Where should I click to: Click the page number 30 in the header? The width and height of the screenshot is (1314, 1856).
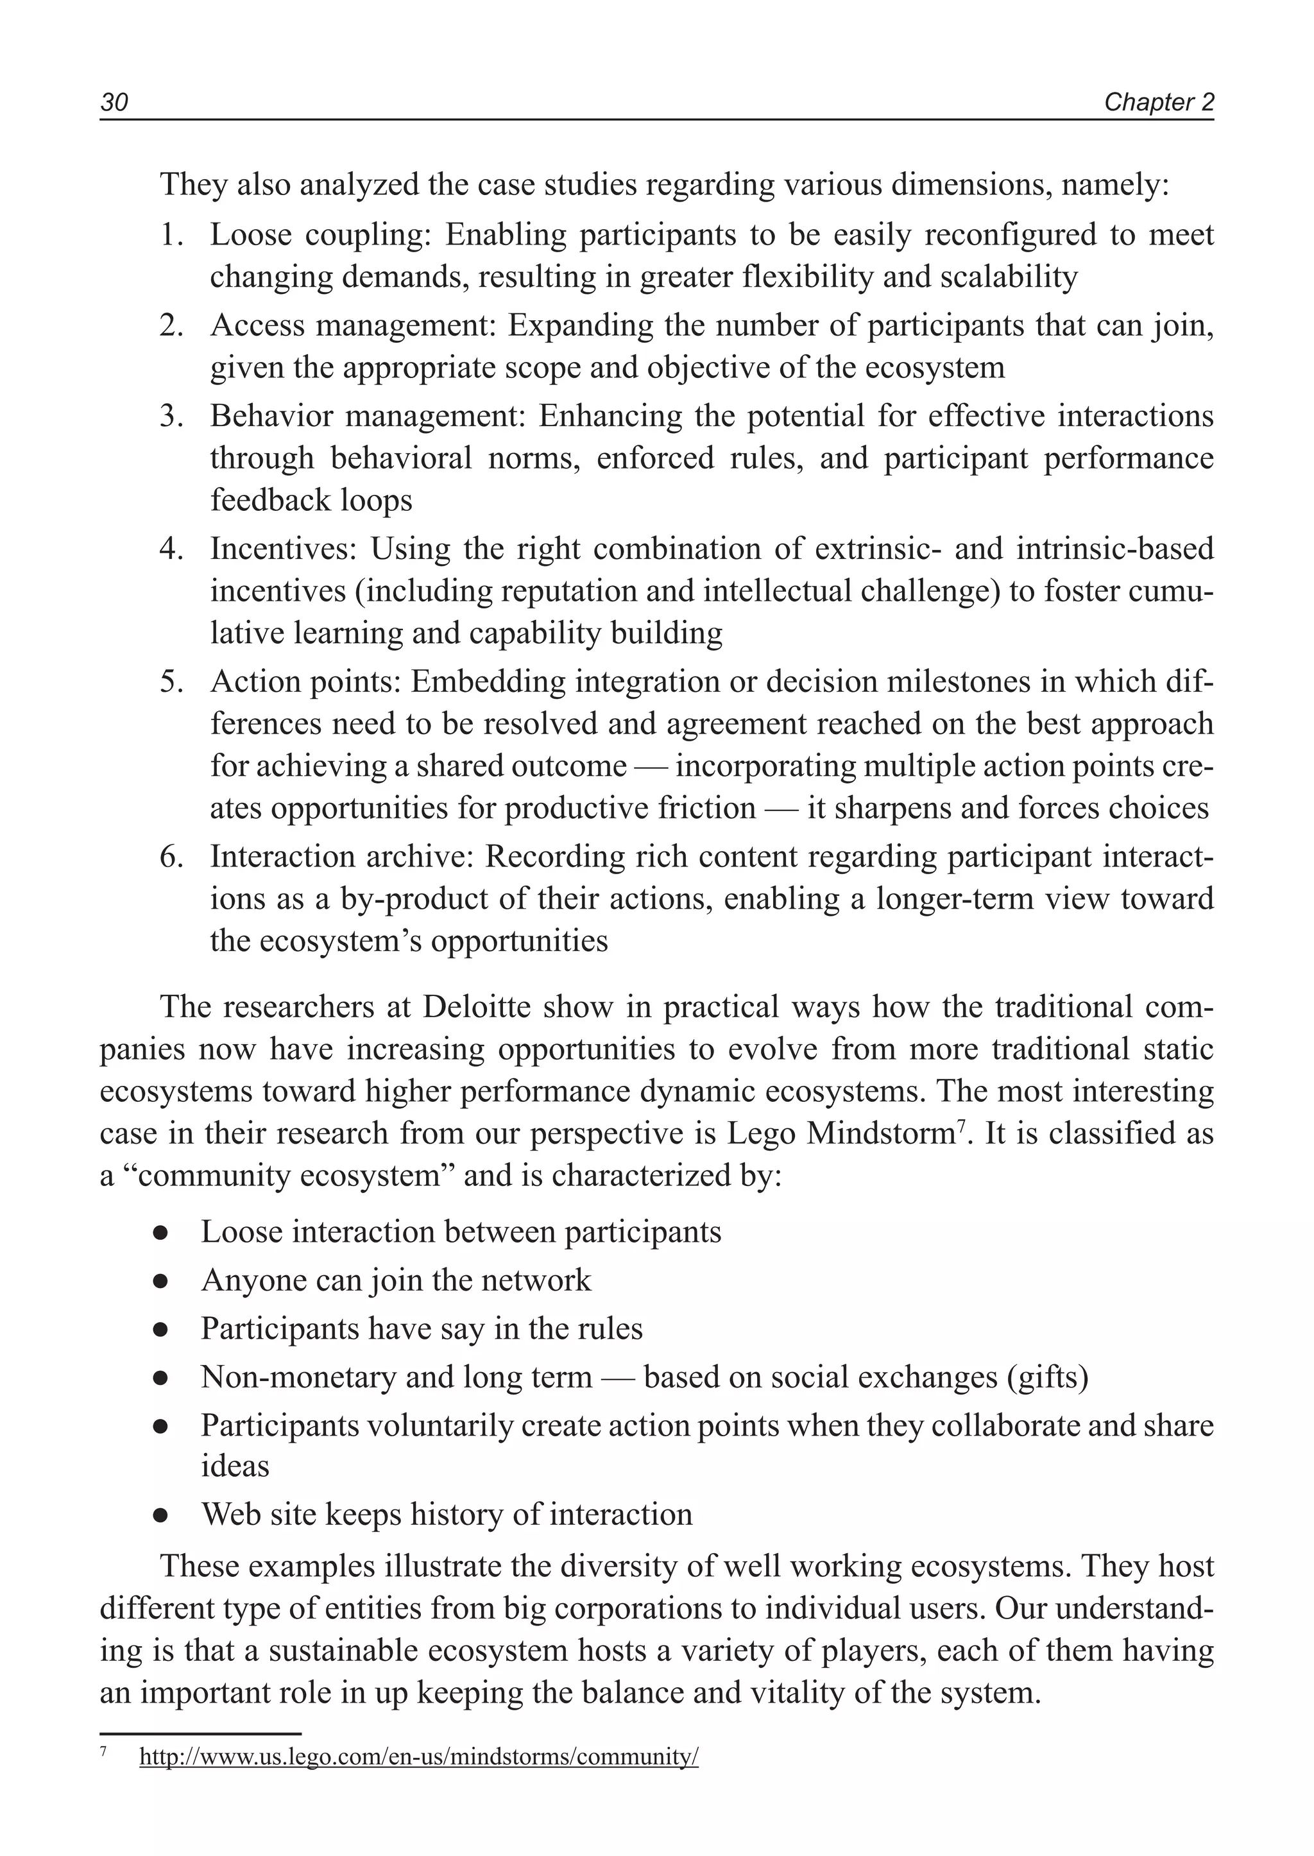tap(114, 103)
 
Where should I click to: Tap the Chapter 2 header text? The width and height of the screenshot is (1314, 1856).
tap(1159, 103)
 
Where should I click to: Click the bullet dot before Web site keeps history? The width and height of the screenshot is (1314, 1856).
tap(160, 1515)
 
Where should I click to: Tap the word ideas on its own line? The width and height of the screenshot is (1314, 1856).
tap(235, 1466)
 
